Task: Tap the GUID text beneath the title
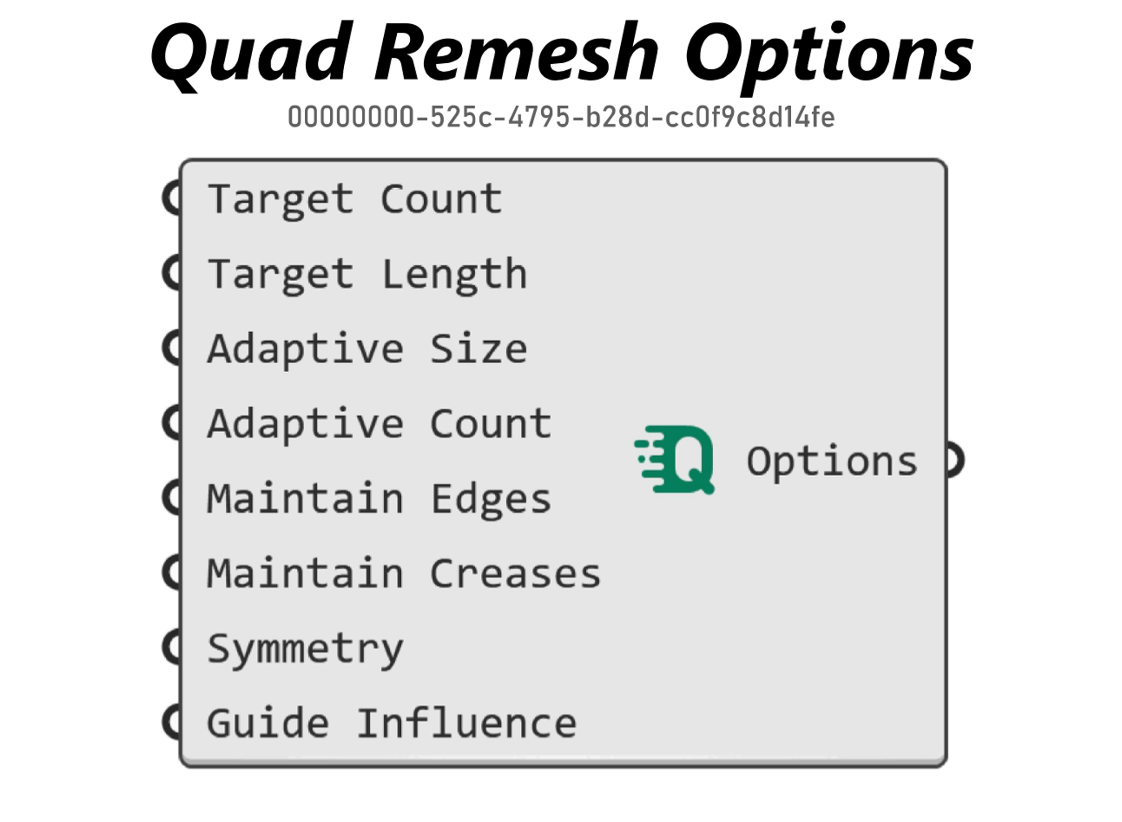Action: coord(561,117)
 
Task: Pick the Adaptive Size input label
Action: coord(368,350)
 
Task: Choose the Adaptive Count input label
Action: coord(380,424)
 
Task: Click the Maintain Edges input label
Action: coord(380,500)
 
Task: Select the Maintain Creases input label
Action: coord(404,574)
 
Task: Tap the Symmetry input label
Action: coord(306,650)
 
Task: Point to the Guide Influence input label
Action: coord(392,723)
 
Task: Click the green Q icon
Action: coord(675,460)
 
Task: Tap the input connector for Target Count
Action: coord(171,198)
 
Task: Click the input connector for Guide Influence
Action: coord(171,722)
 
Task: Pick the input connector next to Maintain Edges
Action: coord(171,498)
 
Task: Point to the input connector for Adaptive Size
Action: coord(171,348)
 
